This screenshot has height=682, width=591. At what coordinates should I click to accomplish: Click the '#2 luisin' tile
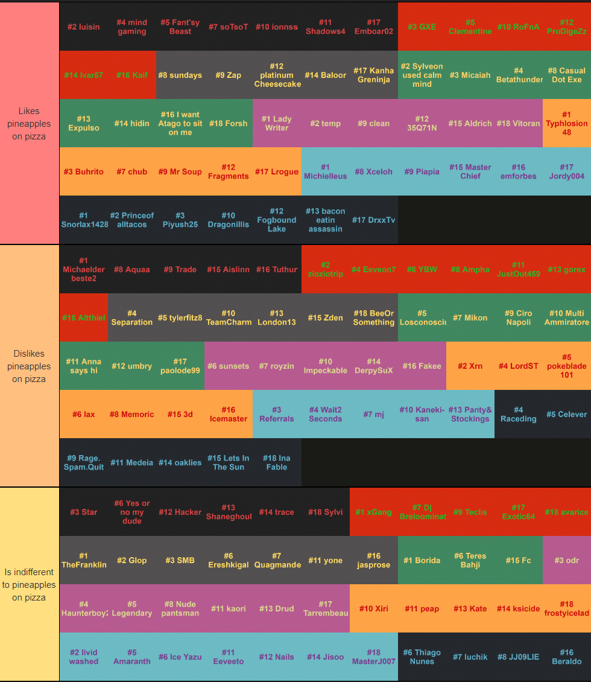(84, 27)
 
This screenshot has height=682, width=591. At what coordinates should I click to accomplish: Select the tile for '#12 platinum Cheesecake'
(277, 75)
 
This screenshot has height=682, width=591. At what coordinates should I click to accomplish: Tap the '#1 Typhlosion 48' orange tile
(567, 124)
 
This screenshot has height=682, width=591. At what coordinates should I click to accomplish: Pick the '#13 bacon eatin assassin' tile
(325, 220)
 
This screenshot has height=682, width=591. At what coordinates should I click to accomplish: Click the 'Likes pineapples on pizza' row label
(29, 124)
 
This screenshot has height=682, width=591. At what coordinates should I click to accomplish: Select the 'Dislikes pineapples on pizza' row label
(29, 366)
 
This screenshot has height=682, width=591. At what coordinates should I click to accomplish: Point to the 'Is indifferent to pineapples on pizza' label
(29, 585)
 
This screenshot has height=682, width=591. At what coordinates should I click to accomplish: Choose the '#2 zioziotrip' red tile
(325, 270)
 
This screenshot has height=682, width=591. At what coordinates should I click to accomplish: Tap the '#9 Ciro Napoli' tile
(519, 318)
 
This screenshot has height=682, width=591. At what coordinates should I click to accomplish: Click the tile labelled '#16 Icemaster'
(229, 415)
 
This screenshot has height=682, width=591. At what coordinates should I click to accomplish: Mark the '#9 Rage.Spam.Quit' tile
(84, 463)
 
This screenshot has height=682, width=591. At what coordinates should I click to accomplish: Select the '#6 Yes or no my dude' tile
(132, 512)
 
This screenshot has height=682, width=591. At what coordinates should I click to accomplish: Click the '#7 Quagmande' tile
(277, 561)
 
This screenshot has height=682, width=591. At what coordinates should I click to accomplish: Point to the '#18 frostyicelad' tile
(567, 609)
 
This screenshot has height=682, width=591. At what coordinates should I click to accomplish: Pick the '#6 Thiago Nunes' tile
(422, 657)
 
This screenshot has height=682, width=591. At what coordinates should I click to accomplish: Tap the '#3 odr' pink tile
(567, 561)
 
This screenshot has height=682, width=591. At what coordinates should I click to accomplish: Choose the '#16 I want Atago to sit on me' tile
(180, 124)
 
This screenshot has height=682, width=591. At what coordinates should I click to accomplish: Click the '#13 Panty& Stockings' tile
(470, 415)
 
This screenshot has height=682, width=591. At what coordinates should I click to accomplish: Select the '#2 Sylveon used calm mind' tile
(422, 75)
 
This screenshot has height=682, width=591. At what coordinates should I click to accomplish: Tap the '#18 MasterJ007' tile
(374, 657)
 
